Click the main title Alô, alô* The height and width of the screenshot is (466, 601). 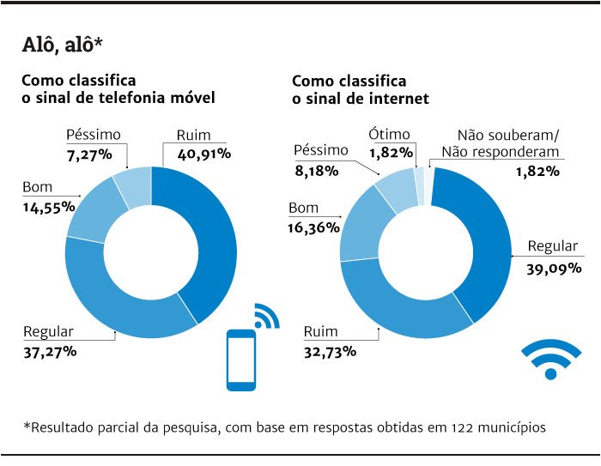coord(64,44)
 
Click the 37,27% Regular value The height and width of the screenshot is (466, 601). coord(51,351)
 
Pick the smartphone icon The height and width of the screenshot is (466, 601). coord(241,357)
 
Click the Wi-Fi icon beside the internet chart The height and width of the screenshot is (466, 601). coord(550,360)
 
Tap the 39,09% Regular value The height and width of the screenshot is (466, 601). coord(554,268)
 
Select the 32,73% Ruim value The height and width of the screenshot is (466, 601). coord(331,351)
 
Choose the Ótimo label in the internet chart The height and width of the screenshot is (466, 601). coord(390,134)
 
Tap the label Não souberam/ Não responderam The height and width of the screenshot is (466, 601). coord(508,143)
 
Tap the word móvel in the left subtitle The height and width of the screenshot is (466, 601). coord(191,98)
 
